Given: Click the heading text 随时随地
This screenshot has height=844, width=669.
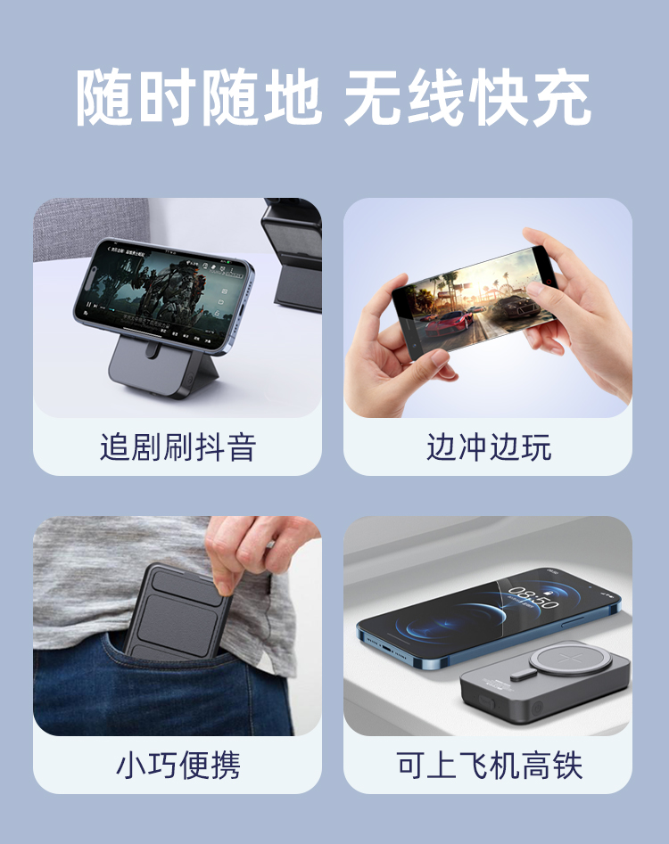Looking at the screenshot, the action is click(x=199, y=98).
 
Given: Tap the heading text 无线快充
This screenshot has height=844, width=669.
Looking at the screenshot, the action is click(x=467, y=98).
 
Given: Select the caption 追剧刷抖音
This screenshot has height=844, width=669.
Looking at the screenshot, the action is click(x=178, y=447).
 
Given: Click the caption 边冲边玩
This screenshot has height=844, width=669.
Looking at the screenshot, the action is click(x=489, y=447).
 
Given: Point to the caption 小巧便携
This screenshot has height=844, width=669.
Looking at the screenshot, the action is click(x=178, y=765).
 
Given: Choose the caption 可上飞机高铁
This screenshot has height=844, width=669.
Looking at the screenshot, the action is click(x=489, y=765).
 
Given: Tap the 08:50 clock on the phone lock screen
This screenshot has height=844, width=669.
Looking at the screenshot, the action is click(x=533, y=596).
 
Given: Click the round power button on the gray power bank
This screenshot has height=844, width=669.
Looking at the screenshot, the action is click(x=536, y=709).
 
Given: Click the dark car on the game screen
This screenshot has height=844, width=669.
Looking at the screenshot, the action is click(x=515, y=307).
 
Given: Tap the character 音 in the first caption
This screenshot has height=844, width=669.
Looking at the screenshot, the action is click(x=243, y=447).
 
